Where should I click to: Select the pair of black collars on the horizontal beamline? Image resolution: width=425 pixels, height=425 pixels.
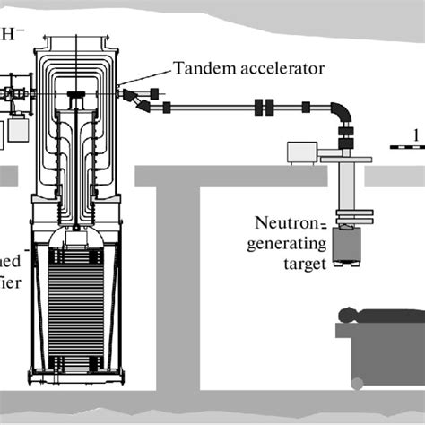click(265, 108)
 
